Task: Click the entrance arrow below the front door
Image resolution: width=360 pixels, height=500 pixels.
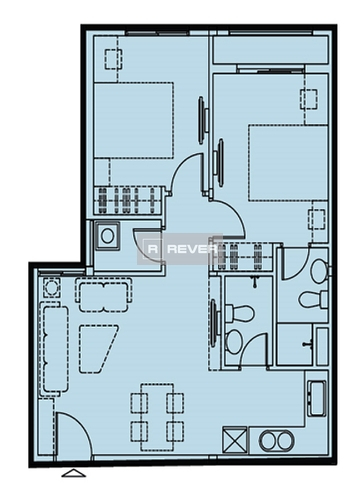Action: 74,473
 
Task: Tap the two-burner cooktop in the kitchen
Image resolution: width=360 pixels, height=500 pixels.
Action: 275,441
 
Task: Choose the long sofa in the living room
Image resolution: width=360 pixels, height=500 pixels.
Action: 55,349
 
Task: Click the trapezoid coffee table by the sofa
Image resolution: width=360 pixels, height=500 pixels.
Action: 97,349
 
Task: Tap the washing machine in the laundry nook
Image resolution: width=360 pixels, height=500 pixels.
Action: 107,236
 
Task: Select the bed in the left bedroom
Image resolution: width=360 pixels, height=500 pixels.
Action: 134,120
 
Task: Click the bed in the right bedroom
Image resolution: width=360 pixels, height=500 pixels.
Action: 288,163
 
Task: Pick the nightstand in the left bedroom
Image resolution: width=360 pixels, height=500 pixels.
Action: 114,59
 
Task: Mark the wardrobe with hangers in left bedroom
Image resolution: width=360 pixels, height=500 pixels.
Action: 129,201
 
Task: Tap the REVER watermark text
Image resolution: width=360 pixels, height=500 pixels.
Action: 192,249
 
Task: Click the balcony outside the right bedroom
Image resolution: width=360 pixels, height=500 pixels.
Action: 270,50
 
